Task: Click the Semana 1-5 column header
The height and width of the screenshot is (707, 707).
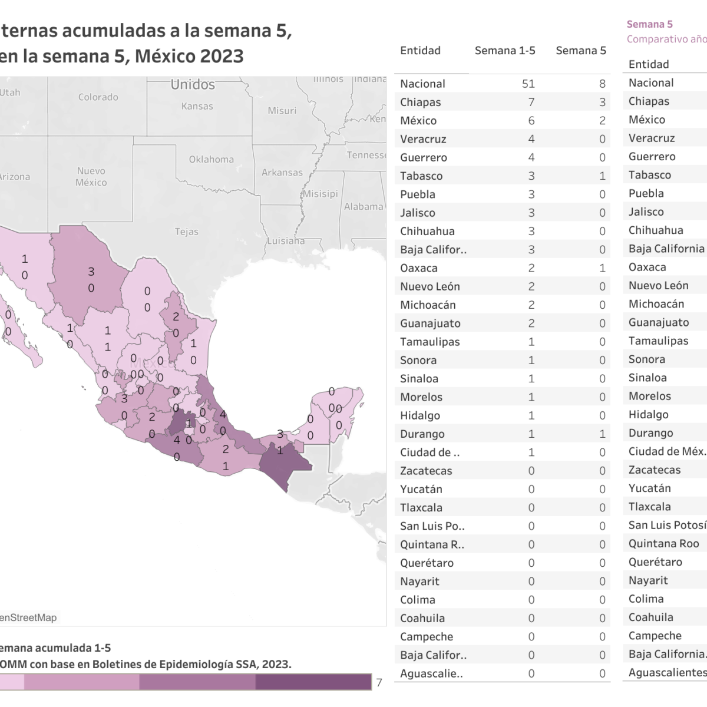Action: [x=505, y=51]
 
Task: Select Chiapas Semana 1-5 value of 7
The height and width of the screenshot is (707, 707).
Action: [x=531, y=103]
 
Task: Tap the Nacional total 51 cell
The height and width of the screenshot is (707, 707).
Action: [x=528, y=84]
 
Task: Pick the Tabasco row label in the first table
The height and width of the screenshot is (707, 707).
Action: [x=421, y=176]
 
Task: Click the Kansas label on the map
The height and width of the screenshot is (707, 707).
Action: [x=197, y=107]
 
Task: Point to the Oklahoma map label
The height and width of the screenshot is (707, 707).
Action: [x=211, y=160]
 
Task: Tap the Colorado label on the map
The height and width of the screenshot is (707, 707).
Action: [x=98, y=97]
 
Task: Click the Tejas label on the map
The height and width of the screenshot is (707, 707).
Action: [x=186, y=232]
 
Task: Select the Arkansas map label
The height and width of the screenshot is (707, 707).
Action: [x=282, y=173]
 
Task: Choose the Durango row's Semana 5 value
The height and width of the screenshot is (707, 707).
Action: [x=602, y=434]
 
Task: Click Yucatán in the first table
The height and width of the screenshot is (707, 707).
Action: [x=421, y=490]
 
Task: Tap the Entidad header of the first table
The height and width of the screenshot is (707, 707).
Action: [x=420, y=51]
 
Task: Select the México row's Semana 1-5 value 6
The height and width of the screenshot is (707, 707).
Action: [x=531, y=121]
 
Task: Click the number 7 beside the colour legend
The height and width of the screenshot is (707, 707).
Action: [x=379, y=683]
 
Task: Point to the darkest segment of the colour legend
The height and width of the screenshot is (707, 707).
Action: [x=313, y=682]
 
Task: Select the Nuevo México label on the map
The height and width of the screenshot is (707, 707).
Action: [x=91, y=177]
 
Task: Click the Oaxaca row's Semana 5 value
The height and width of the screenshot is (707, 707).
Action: [x=602, y=268]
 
